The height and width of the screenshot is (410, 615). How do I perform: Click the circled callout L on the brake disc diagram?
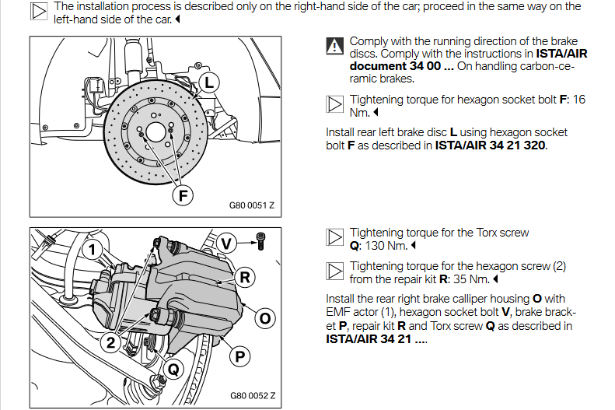click(208, 81)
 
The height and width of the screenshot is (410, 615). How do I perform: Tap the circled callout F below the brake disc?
click(183, 194)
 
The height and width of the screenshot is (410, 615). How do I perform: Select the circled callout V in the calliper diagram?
click(226, 243)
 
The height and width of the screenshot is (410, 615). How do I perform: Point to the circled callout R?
click(245, 276)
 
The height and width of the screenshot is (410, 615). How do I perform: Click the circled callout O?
click(264, 317)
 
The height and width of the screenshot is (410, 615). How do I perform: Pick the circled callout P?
click(240, 357)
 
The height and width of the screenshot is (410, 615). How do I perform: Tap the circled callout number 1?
click(92, 249)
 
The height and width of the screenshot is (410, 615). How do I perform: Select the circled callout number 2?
click(113, 340)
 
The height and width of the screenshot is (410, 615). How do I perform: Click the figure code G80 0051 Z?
click(252, 207)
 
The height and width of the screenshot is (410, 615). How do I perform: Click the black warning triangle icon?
click(334, 46)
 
